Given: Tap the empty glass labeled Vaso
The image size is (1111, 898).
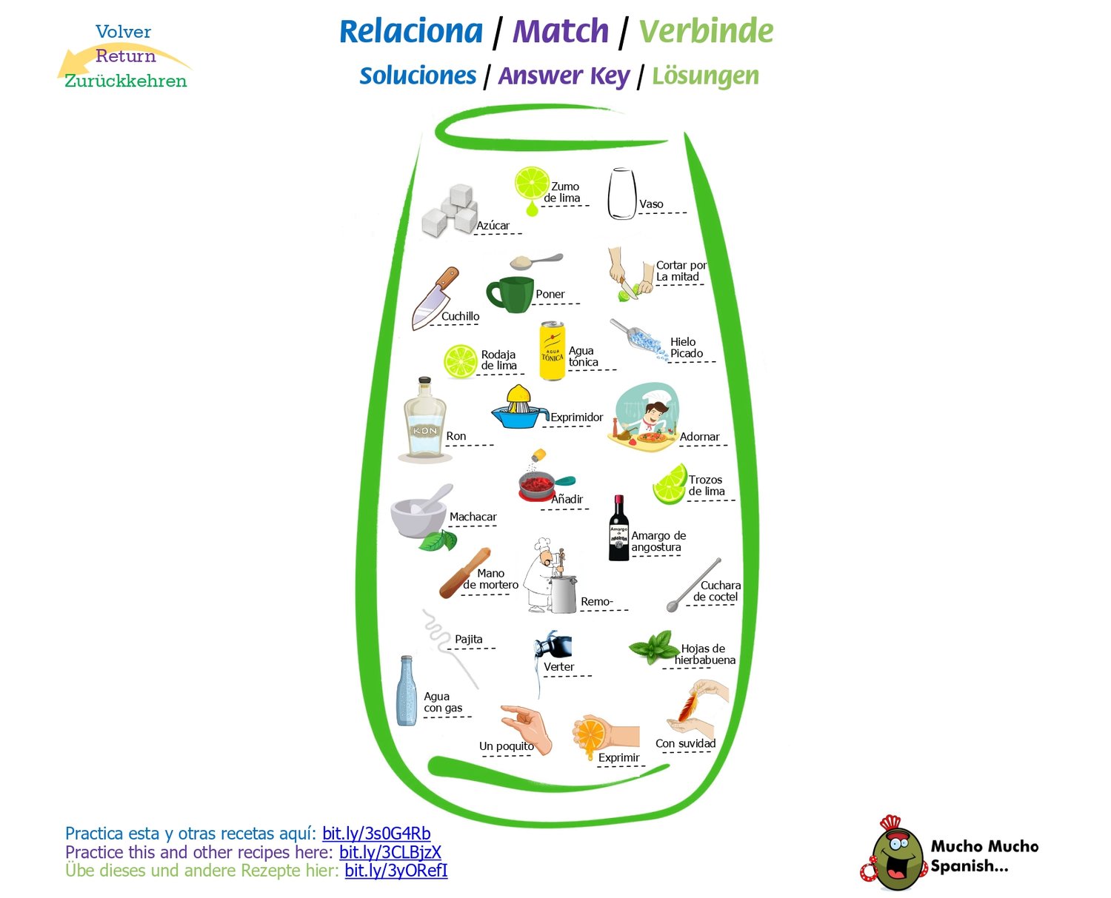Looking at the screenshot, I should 621,194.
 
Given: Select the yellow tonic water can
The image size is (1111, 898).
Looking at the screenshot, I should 552,351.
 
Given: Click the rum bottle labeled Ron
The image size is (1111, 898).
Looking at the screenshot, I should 424,420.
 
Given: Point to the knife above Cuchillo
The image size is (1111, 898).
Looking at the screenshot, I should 435,298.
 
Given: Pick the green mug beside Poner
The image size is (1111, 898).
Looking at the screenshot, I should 510,294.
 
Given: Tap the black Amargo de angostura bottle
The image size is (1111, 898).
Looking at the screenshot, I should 618,529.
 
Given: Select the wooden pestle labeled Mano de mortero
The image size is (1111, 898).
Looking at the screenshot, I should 464,573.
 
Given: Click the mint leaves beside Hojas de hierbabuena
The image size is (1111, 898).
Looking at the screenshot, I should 652,647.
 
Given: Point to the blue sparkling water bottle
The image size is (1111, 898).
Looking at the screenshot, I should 406,691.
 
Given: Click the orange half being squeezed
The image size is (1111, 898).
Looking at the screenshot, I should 591,734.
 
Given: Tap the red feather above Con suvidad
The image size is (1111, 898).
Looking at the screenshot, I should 688,704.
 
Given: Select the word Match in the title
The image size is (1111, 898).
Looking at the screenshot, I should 561,32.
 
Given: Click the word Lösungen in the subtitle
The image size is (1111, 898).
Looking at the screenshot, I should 705,76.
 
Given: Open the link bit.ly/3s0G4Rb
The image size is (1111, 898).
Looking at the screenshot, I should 376,834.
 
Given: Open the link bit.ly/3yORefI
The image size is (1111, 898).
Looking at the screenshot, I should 396,871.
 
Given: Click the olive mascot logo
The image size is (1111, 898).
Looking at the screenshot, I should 895,855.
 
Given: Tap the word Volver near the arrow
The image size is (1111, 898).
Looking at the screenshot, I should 123,32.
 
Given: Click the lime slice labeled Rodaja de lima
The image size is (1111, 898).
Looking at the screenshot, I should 461,361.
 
